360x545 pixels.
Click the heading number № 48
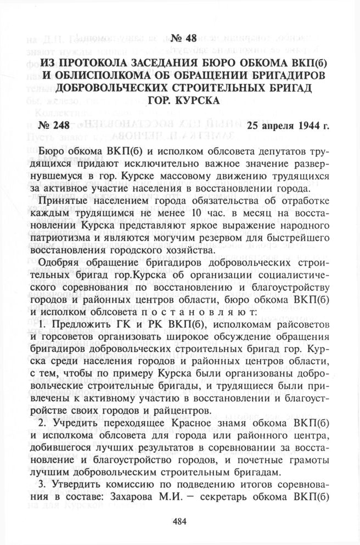pos(180,38)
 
